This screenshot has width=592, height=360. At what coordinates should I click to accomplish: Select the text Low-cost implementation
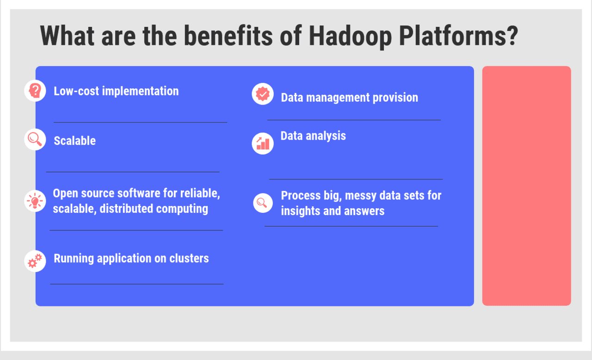pos(116,91)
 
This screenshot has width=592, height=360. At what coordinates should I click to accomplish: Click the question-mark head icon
pos(35,91)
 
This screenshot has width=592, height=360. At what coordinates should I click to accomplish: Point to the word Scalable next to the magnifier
pos(74,141)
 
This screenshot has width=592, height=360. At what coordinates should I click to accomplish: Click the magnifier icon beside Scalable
pos(35,139)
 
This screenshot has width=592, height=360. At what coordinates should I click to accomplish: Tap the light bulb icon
pos(35,201)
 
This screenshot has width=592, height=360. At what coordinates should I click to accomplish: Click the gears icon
pos(35,261)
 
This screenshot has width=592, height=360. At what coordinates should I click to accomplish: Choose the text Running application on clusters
pos(131,258)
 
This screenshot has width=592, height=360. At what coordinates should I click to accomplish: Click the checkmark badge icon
pos(263,94)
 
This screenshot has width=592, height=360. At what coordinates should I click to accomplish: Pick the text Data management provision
pos(349,98)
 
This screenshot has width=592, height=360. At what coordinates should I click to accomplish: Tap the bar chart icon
pos(263,143)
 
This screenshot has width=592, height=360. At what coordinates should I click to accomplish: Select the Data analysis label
pos(313,136)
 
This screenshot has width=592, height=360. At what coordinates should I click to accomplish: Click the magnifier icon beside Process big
pos(263,203)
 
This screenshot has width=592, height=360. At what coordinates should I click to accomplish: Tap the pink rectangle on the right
pos(526,186)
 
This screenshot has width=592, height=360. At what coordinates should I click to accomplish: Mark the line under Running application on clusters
pos(136,284)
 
